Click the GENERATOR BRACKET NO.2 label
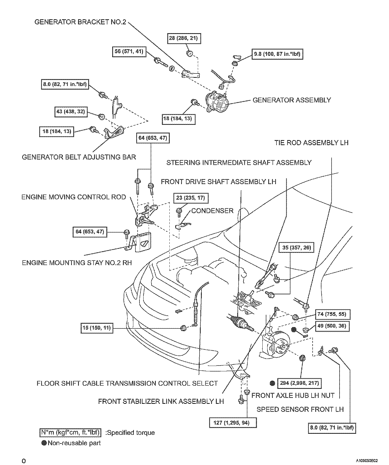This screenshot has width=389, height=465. coord(80,22)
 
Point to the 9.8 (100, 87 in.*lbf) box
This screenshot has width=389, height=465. coord(277,54)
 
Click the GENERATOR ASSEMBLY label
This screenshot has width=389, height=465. coord(292,100)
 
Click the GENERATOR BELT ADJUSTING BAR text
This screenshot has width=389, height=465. coord(79,157)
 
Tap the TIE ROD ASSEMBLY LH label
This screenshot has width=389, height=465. coord(311,143)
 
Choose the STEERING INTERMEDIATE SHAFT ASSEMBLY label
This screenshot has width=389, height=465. coord(239,162)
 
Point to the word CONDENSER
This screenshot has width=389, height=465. coord(212,211)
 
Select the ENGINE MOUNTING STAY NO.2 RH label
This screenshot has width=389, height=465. coord(77,262)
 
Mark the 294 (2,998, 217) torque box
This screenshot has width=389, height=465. coord(299,383)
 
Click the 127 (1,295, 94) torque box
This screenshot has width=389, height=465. coord(233,423)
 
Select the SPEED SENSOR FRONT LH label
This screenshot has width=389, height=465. coord(300,409)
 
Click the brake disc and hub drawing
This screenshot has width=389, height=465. coord(278,345)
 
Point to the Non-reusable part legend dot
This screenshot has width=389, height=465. coord(44,443)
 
